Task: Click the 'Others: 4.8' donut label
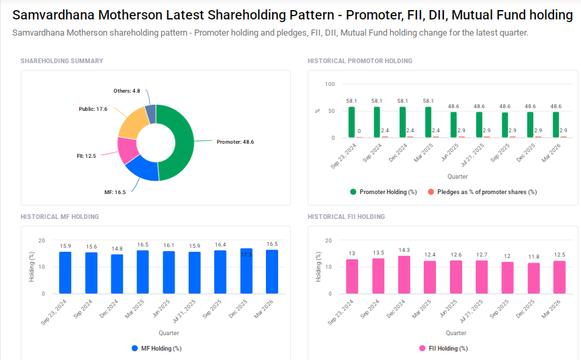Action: point(126,90)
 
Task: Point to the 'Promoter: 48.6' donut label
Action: point(235,142)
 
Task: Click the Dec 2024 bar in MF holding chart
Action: point(117,274)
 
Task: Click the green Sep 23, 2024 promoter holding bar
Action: point(351,122)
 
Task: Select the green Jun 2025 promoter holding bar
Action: point(453,125)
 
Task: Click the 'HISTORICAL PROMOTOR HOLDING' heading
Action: point(360,61)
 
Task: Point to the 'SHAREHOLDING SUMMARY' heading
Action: point(62,61)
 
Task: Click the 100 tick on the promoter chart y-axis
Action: point(329,84)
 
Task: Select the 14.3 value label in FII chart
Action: point(404,251)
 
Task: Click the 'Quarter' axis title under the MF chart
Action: point(169,333)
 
